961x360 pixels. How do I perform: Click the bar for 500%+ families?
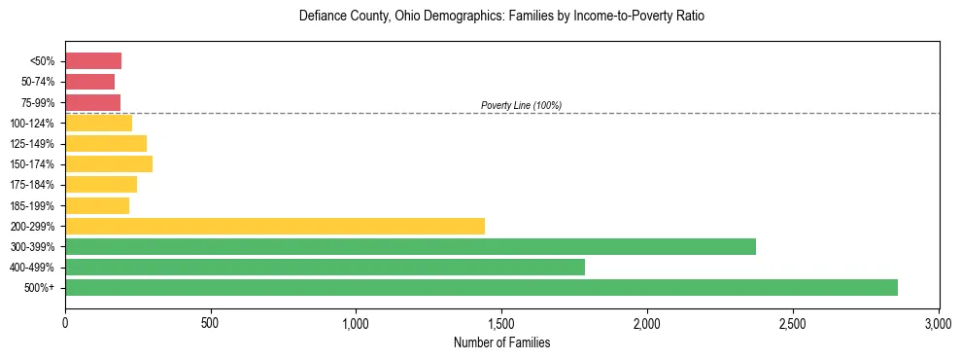tap(481, 287)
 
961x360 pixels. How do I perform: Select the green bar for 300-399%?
tap(410, 246)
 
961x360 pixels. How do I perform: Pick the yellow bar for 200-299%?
tap(275, 226)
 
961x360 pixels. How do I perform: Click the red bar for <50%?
tap(93, 61)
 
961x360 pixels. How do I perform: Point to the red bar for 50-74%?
tap(89, 82)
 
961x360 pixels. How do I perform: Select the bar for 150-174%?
tap(109, 163)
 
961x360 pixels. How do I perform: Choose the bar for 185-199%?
tap(97, 205)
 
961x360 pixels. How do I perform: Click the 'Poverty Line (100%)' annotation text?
tap(521, 105)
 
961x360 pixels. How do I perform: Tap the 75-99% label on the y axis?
tap(39, 103)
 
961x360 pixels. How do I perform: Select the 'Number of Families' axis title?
tap(501, 342)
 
